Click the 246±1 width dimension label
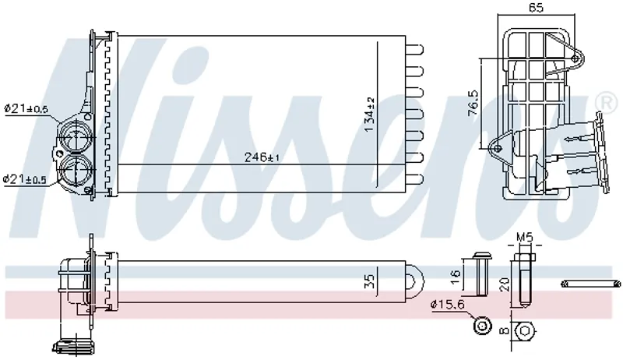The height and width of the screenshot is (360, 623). [263, 157]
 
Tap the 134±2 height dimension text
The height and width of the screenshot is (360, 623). [371, 111]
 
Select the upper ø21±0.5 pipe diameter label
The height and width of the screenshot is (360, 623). [26, 109]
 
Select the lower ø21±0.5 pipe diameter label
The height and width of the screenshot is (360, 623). [26, 180]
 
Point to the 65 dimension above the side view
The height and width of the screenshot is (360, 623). [536, 8]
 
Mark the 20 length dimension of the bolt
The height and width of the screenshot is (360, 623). [505, 284]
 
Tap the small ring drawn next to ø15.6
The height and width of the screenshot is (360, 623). [483, 326]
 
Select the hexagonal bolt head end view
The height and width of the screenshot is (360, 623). [524, 329]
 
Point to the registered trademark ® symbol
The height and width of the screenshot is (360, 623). [605, 102]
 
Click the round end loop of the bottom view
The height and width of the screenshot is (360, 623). [416, 278]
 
